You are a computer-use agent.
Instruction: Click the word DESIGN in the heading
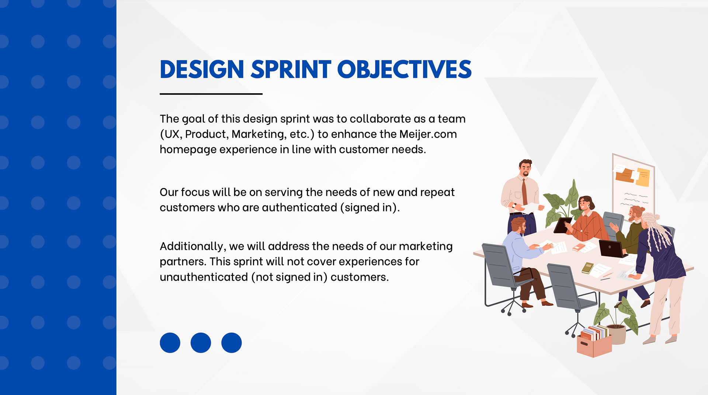pyautogui.click(x=202, y=69)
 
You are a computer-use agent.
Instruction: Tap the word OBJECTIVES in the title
pyautogui.click(x=405, y=69)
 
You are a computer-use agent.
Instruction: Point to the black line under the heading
pyautogui.click(x=211, y=94)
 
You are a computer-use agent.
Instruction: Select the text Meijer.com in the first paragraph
pyautogui.click(x=428, y=134)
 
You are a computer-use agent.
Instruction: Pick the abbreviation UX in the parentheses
pyautogui.click(x=172, y=134)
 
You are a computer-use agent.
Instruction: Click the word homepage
pyautogui.click(x=188, y=150)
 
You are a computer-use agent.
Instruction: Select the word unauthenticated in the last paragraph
pyautogui.click(x=204, y=277)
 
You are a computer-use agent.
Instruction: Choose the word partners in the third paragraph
pyautogui.click(x=183, y=262)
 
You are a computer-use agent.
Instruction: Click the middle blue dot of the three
pyautogui.click(x=201, y=343)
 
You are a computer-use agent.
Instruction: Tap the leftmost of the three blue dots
pyautogui.click(x=170, y=343)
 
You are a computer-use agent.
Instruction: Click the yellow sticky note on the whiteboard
pyautogui.click(x=643, y=177)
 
